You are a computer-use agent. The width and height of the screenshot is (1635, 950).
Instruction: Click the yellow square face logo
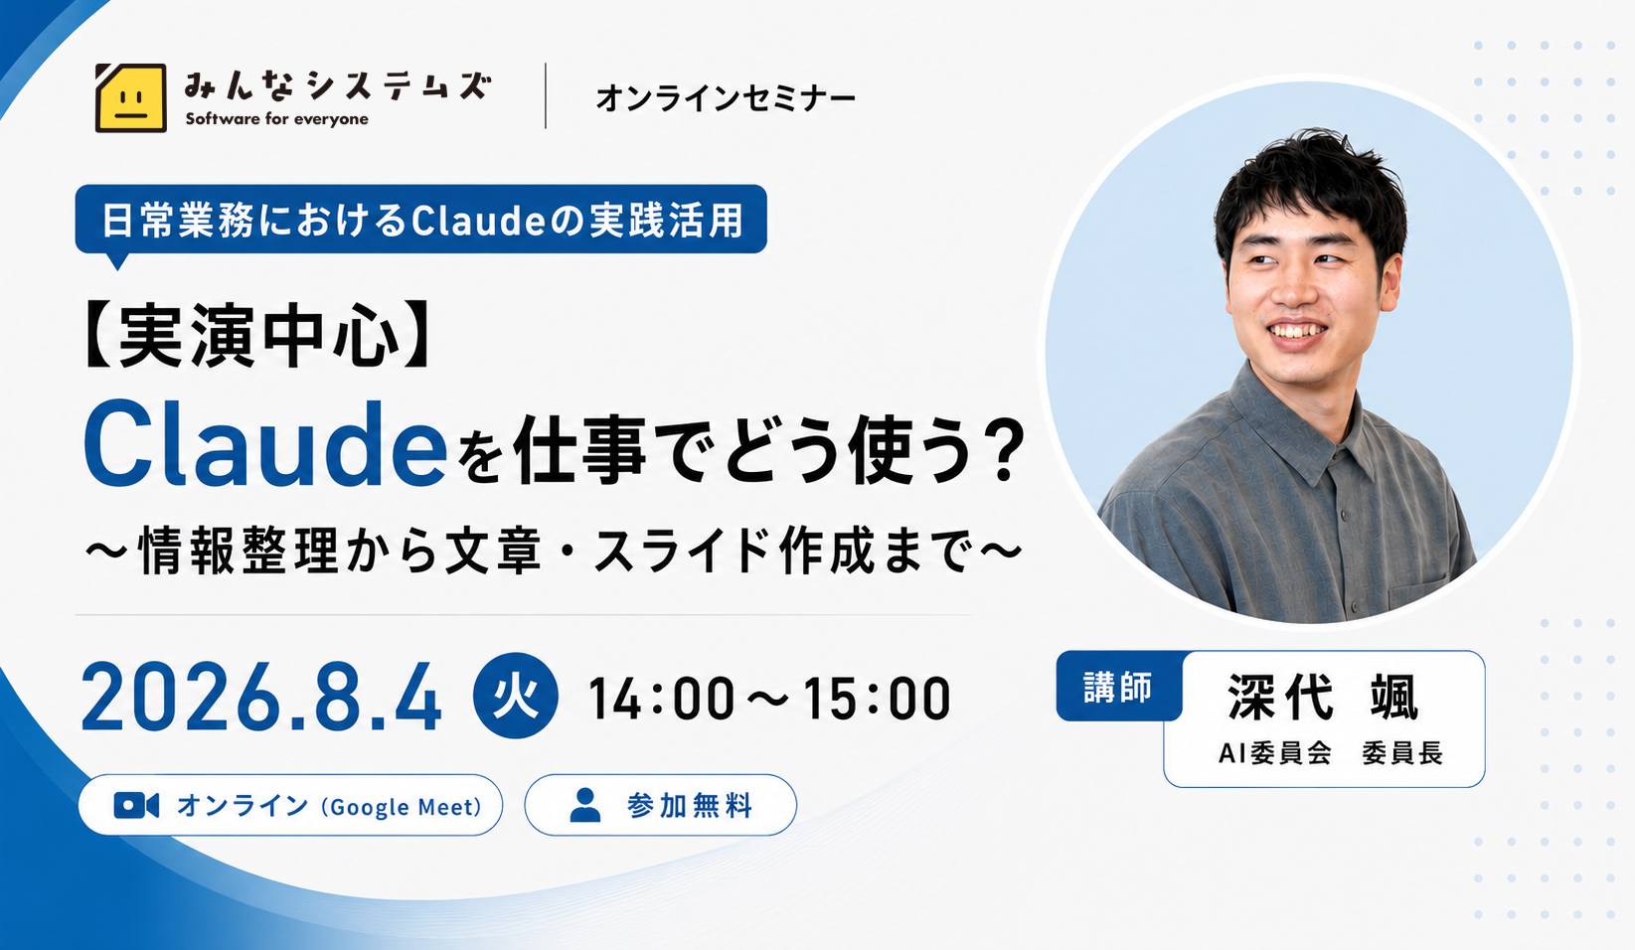[x=130, y=97]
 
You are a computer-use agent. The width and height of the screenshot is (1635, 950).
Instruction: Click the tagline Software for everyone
[x=276, y=119]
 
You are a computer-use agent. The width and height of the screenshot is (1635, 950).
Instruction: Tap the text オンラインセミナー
[x=726, y=98]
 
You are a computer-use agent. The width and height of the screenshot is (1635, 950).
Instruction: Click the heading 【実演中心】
[x=259, y=336]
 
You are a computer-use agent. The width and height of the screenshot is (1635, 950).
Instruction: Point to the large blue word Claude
[x=265, y=444]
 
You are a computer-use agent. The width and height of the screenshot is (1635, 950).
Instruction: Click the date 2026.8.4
[x=261, y=697]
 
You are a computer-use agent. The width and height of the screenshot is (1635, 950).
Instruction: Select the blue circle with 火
[x=516, y=696]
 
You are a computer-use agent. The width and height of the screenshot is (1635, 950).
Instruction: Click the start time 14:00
[x=661, y=699]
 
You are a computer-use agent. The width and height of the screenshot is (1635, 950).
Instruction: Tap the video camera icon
[x=136, y=806]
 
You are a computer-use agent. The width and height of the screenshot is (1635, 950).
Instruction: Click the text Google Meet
[x=402, y=806]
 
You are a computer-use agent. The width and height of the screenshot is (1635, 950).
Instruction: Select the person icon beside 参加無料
[x=584, y=805]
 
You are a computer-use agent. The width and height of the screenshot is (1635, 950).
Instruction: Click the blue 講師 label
[x=1118, y=687]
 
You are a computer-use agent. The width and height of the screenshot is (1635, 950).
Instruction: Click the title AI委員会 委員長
[x=1331, y=753]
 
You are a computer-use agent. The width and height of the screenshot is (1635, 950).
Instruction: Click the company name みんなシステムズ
[x=338, y=85]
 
